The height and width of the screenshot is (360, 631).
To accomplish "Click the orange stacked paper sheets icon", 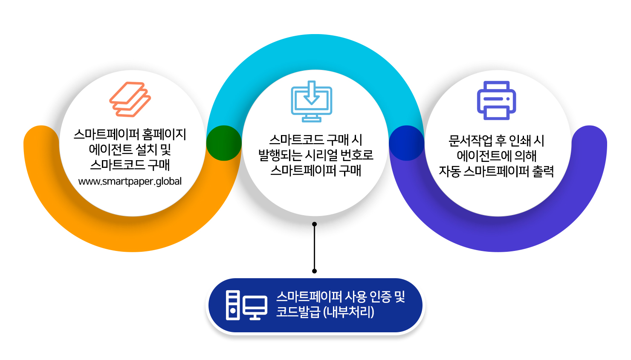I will pyautogui.click(x=130, y=99).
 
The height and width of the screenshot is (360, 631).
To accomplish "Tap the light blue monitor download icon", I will pyautogui.click(x=311, y=101).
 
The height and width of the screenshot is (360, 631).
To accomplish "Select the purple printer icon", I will pyautogui.click(x=496, y=101).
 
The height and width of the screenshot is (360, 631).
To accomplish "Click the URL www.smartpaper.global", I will pyautogui.click(x=130, y=181).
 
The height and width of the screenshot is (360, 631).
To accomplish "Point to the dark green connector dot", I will pyautogui.click(x=224, y=143).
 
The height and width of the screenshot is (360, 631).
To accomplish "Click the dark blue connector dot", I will pyautogui.click(x=407, y=143).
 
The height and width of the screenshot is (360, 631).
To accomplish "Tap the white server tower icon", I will pyautogui.click(x=233, y=305).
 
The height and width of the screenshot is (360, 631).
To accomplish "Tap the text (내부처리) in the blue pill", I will pyautogui.click(x=349, y=312).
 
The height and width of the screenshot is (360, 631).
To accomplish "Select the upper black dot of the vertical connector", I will pyautogui.click(x=315, y=224).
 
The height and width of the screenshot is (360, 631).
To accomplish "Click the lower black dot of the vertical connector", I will pyautogui.click(x=315, y=271).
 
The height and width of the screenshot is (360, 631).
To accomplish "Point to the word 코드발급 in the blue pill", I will pyautogui.click(x=298, y=312).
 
